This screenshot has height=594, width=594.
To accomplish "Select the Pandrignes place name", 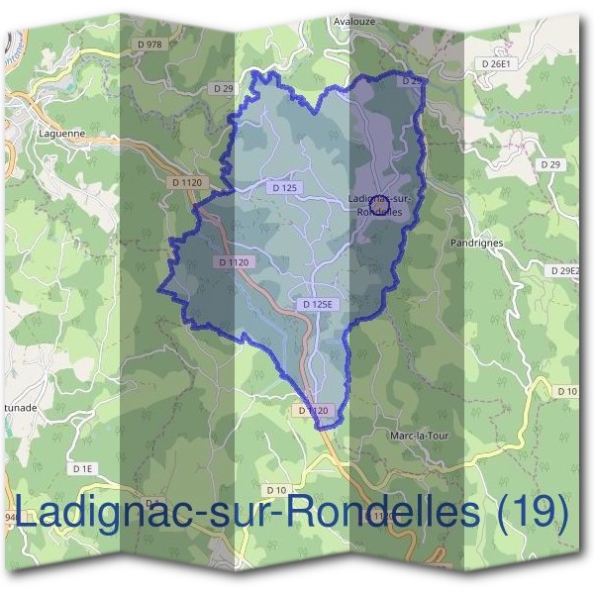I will click(476, 243).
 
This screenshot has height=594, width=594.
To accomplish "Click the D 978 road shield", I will click(149, 45).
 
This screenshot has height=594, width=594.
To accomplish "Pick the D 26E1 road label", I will click(495, 64).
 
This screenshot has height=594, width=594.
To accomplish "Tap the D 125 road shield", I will click(284, 187).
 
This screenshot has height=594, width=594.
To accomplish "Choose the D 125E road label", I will click(319, 304).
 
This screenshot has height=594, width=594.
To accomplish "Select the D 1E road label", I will click(82, 467).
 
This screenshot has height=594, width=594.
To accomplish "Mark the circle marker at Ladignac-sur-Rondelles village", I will click(379, 204).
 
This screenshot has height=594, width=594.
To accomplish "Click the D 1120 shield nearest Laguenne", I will click(187, 182).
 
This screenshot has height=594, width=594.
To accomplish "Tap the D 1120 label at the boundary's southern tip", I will click(312, 410).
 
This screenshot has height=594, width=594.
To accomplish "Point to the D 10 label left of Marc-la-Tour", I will click(276, 490).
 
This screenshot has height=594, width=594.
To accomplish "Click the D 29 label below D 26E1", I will click(550, 162).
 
